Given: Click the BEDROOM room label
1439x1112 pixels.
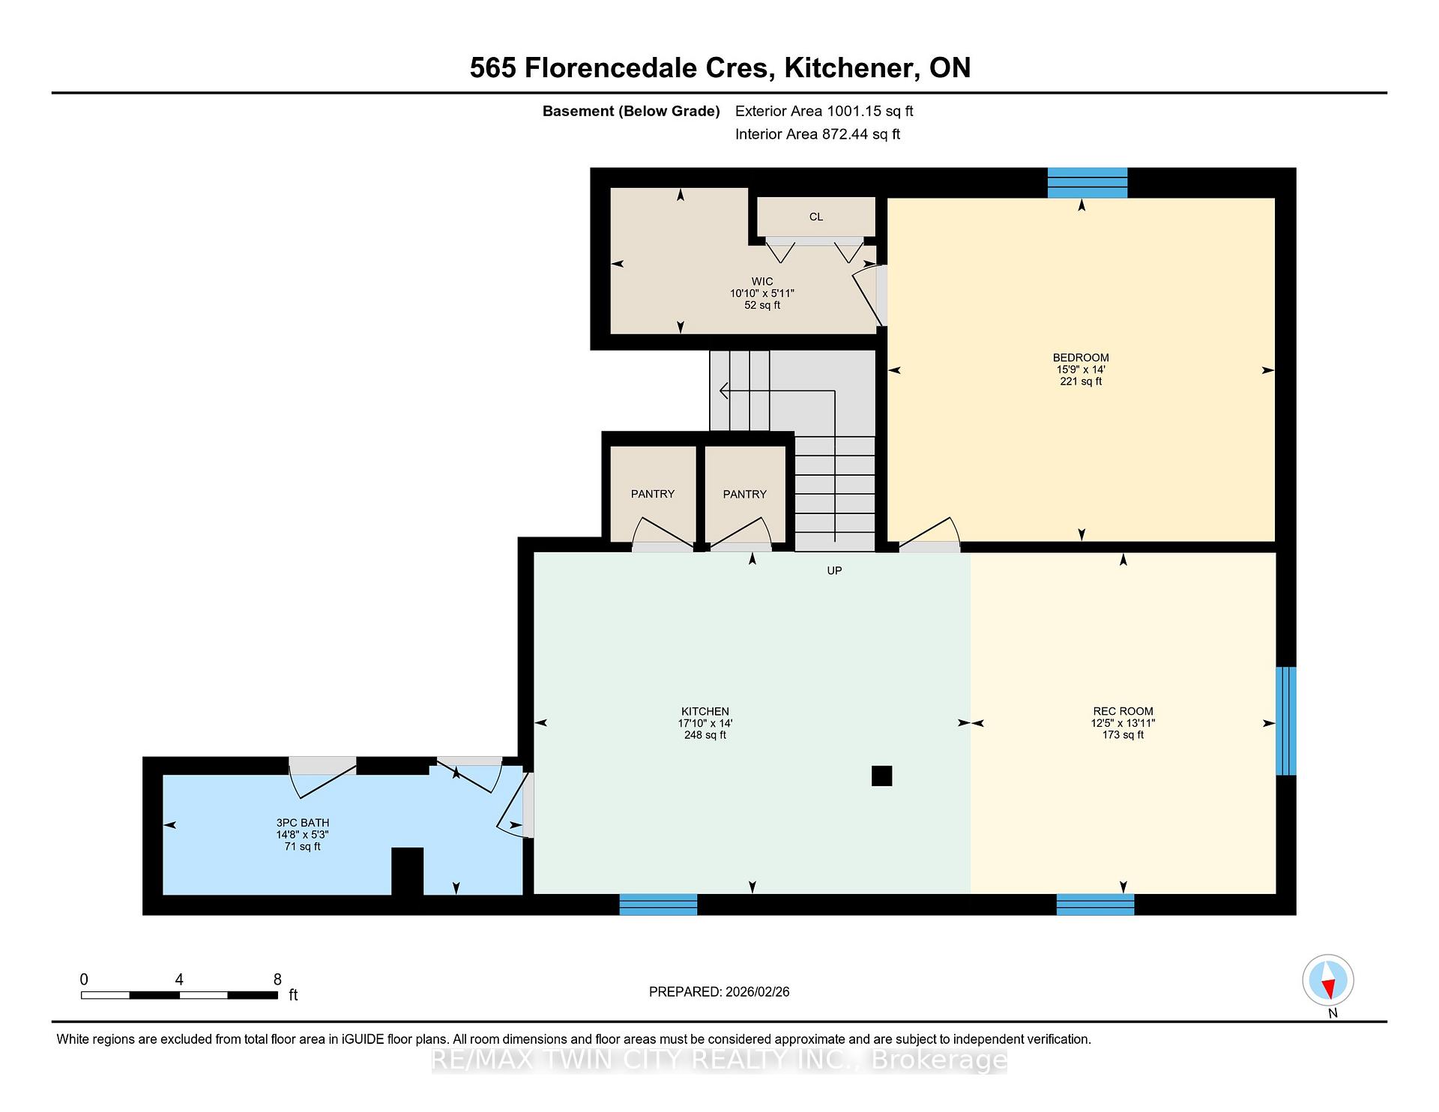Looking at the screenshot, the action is coord(1081,357).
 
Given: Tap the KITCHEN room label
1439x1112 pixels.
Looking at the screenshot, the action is coord(705,711).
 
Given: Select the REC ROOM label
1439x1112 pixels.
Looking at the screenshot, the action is coord(1123,711).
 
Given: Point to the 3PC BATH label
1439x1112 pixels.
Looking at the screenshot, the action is coord(303,823).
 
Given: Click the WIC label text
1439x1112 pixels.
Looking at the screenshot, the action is coord(762,282).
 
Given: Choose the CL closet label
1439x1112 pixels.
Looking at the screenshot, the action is coord(816,217).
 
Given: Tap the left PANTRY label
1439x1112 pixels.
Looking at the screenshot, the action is coord(653,494).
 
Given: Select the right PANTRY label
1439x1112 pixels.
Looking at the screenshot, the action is coord(745,494).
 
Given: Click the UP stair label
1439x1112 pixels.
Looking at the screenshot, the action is coord(834,570).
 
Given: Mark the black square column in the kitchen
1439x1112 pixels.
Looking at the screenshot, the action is coord(882,776).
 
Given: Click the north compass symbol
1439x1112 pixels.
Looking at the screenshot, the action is coord(1328,981).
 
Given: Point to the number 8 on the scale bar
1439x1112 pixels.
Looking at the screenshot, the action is coord(277,979).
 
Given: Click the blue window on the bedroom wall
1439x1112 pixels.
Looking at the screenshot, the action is coord(1087,183).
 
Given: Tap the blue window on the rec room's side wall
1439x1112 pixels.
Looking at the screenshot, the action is coord(1286,721).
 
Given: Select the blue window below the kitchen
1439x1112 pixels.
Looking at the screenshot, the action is coord(658,904).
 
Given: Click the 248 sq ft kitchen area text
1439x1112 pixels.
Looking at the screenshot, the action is coord(705,735).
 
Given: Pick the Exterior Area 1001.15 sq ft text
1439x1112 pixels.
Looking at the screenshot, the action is coord(824,112).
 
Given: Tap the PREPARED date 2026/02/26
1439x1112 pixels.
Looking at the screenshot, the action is coord(758,992).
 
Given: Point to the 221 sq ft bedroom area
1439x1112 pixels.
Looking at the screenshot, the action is coord(1081,381).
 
